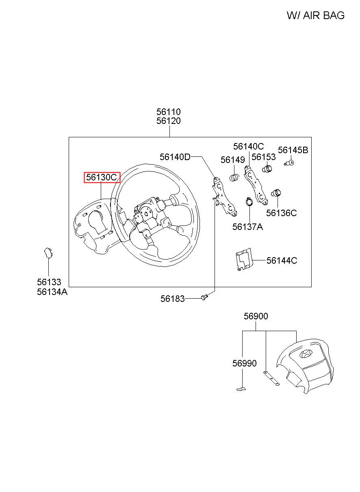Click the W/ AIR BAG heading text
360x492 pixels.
pos(315,15)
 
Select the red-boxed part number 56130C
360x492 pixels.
pos(102,177)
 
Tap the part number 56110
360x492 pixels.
pos(169,112)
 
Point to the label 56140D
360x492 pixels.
pos(175,157)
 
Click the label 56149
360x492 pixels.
pos(232,160)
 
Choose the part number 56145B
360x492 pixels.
pos(293,150)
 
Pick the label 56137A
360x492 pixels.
pos(247,227)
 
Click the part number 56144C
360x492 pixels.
pos(282,260)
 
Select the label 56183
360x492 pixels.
pos(172,299)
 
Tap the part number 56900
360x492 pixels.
pos(256,316)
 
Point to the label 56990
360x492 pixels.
pos(245,363)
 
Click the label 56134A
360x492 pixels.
pos(52,292)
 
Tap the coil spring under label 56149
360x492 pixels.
pos(234,178)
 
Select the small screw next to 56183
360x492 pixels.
pos(204,297)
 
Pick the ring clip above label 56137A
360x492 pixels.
pos(249,202)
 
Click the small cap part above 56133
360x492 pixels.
pos(48,254)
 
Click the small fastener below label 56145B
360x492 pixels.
pos(289,163)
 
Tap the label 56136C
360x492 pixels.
pos(281,213)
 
